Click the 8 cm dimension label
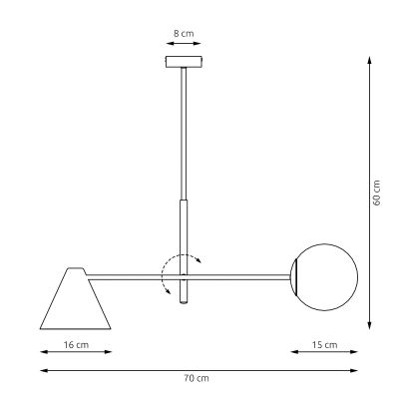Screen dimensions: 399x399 tap(183, 33)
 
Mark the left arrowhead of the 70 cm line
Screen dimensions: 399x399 tap(42, 370)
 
